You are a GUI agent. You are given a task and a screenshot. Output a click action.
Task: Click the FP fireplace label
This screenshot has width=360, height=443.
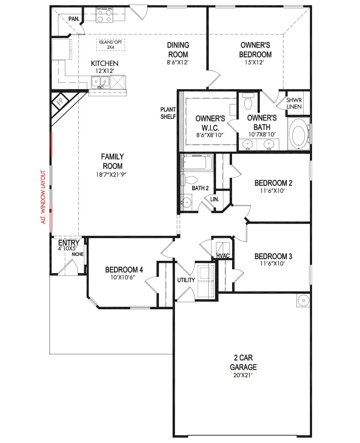(x=60, y=102)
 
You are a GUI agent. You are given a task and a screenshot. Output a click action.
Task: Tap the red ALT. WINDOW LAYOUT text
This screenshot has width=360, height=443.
(x=43, y=197)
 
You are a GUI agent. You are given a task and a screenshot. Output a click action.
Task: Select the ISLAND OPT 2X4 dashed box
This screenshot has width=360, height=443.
(x=111, y=45)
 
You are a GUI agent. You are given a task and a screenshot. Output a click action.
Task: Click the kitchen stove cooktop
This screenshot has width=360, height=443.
(x=104, y=15)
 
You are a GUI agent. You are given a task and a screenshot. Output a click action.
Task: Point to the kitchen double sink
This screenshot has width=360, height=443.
(x=100, y=82)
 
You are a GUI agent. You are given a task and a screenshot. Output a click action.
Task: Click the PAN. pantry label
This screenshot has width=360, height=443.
(x=74, y=19)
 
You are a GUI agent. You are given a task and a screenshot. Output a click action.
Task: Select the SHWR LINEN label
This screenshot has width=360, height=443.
(x=294, y=103)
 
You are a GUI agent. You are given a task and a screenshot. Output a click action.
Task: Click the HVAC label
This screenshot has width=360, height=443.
(x=223, y=256)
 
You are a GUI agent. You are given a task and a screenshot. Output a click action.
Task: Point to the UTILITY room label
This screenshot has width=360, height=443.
(x=186, y=280)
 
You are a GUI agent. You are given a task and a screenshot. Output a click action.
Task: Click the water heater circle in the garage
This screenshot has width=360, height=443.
(x=303, y=300)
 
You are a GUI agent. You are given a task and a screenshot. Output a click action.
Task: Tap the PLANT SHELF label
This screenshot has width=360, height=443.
(x=168, y=113)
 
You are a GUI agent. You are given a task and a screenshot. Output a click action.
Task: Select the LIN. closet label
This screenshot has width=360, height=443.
(x=214, y=199)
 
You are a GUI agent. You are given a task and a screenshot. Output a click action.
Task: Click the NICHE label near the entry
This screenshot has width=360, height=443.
(x=78, y=254)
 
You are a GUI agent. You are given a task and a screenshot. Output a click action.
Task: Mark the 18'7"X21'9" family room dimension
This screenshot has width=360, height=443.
(x=111, y=175)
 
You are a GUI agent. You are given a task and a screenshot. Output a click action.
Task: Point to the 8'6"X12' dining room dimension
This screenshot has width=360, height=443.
(x=177, y=62)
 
